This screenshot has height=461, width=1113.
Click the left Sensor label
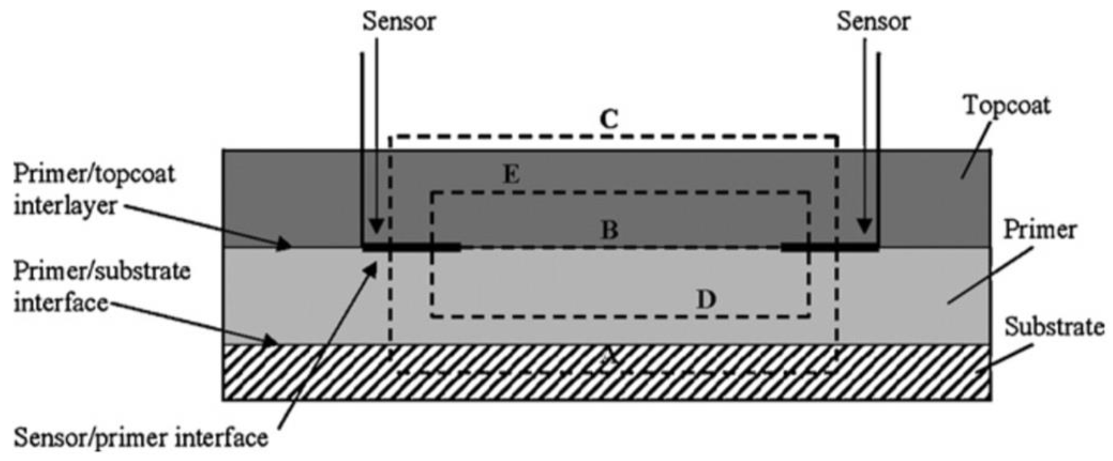point(399,22)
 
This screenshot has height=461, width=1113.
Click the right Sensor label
point(873,22)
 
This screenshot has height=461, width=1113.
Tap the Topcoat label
point(1007,106)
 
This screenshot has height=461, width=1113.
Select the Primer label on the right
point(1039,230)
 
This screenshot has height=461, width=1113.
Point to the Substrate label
point(1054,327)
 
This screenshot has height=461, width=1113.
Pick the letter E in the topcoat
point(512,175)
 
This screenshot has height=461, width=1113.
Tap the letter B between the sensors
point(610,230)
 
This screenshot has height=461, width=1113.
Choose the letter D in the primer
point(706,300)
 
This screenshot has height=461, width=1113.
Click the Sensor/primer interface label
point(141,438)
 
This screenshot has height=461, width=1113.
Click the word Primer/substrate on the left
point(102,271)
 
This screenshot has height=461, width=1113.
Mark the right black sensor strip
point(830,248)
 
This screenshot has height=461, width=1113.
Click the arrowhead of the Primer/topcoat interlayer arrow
point(285,245)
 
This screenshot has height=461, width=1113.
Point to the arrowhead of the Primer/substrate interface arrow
point(271,341)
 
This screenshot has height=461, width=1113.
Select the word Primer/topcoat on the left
point(94,174)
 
